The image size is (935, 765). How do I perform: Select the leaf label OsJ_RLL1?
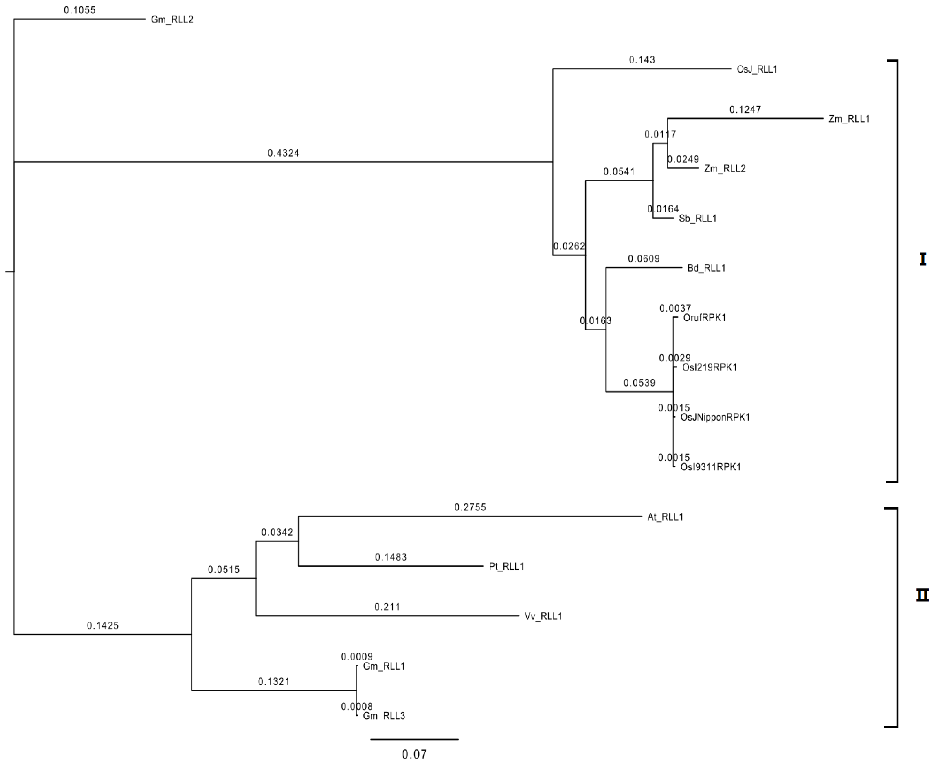(757, 69)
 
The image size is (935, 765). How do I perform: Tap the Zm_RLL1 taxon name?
(849, 119)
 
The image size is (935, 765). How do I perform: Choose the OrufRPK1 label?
(704, 318)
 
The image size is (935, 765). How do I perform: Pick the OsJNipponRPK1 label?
(715, 417)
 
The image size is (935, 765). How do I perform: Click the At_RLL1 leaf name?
(665, 517)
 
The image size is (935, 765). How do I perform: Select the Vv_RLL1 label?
(543, 617)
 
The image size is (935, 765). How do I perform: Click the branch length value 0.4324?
(283, 153)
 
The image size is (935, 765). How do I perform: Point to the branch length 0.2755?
(470, 507)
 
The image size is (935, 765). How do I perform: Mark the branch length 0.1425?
(103, 625)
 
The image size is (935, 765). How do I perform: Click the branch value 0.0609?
(644, 259)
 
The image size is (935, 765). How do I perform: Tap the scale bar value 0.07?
(414, 754)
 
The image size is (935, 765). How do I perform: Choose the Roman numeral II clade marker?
(922, 595)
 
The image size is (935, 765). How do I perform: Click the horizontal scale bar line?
(414, 739)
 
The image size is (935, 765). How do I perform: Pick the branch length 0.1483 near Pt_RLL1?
(391, 557)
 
